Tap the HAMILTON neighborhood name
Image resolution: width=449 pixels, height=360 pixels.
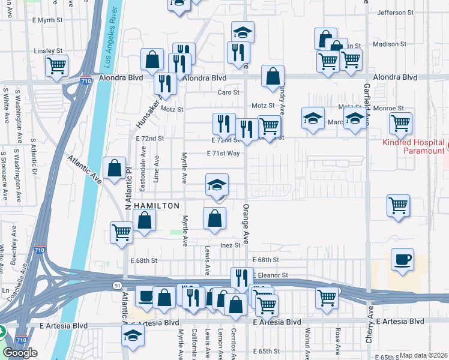[157, 206]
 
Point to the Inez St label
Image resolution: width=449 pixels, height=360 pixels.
[230, 245]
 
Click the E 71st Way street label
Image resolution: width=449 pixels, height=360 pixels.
[223, 154]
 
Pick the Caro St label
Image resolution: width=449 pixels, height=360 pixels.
[228, 92]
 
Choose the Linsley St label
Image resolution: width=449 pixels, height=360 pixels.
[49, 51]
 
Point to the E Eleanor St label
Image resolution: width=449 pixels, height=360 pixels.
[270, 275]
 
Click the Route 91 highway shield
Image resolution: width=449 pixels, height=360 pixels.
[116, 284]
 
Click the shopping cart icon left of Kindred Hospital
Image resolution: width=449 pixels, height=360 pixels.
[400, 123]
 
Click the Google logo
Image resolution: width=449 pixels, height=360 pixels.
[20, 353]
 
